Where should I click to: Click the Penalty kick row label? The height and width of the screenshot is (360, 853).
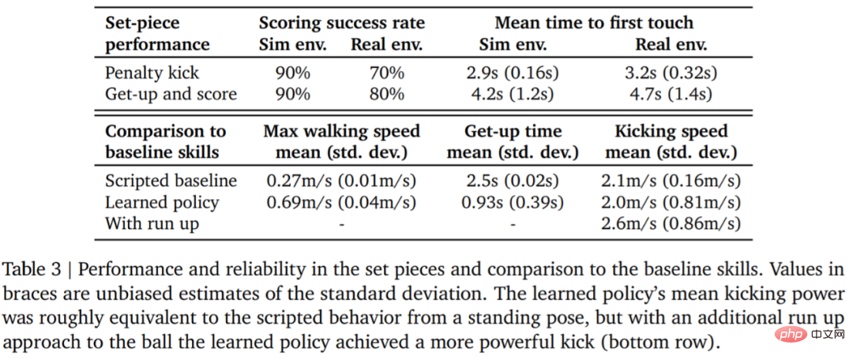coord(152,73)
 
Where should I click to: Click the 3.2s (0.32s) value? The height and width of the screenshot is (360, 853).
coord(671,73)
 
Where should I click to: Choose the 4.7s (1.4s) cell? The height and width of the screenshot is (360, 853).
coord(671,95)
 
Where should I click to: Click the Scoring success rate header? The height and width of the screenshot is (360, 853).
coord(342,24)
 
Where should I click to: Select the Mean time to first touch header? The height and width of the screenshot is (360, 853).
coord(594,24)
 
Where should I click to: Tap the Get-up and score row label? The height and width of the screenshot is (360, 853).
coord(171,95)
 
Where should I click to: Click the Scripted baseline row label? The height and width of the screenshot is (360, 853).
coord(171,181)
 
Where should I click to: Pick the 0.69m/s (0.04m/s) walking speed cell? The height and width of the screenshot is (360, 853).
coord(341,203)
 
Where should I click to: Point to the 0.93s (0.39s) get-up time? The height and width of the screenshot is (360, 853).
coord(513,203)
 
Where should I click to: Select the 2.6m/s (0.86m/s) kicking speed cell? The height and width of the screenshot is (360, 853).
coord(671,224)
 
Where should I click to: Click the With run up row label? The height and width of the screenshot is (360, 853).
coord(152,224)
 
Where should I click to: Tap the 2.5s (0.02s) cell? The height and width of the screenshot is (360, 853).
coord(513,181)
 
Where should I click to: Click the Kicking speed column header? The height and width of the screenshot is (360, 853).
coord(671,132)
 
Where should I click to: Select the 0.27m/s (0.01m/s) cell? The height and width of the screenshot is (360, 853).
coord(341,181)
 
